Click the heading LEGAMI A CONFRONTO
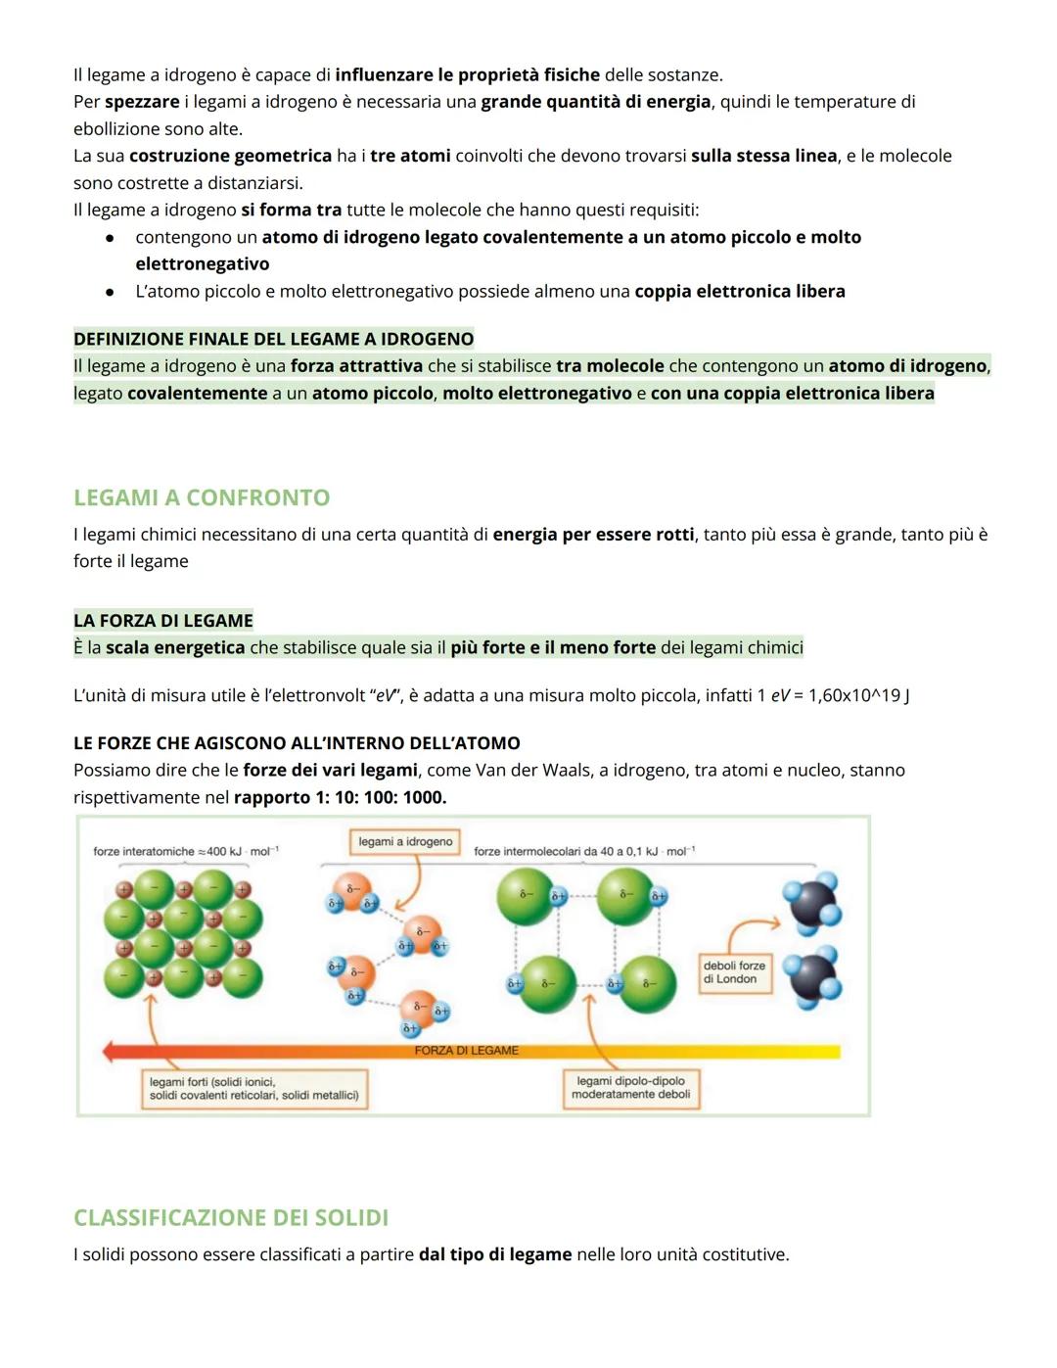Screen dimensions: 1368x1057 tap(202, 497)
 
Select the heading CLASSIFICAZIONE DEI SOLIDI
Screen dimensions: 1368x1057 tap(231, 1217)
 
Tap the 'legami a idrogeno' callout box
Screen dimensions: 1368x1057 tap(405, 842)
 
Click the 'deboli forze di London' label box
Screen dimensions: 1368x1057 tap(734, 971)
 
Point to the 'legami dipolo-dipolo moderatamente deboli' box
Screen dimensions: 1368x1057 tap(630, 1088)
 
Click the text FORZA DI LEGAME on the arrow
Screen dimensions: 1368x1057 tap(466, 1051)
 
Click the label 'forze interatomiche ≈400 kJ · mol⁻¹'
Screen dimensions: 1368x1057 tap(186, 852)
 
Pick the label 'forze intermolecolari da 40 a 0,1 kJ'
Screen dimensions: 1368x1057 tap(584, 852)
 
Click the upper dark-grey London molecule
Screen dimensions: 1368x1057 tap(812, 901)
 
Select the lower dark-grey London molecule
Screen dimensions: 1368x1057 tap(814, 976)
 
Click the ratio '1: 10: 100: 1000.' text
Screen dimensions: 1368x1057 tap(340, 797)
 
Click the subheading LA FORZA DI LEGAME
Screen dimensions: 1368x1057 tap(163, 620)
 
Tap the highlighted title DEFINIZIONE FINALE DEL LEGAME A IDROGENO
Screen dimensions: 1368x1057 tap(273, 339)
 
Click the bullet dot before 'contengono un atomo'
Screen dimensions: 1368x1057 tap(111, 238)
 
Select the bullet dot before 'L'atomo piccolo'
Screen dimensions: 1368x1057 tap(111, 292)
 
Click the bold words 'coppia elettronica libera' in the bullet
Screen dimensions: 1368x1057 tap(739, 291)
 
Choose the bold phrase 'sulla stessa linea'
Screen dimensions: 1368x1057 tap(763, 156)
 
